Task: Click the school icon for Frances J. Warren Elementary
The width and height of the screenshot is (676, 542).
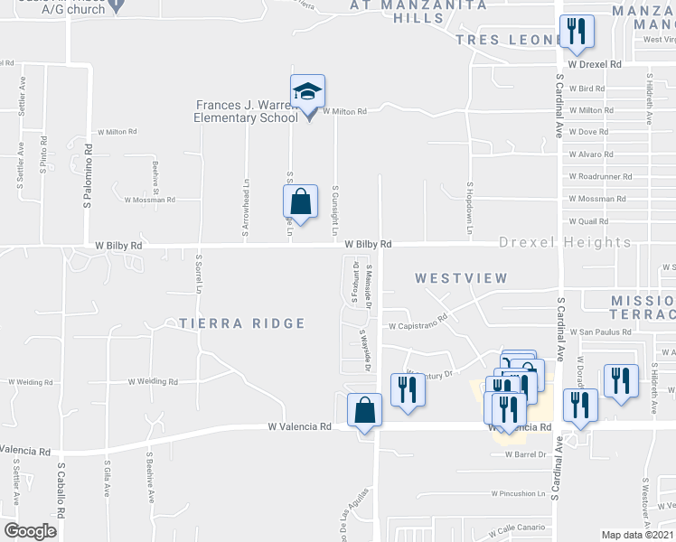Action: [x=307, y=93]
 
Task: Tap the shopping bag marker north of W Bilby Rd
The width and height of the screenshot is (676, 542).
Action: [x=302, y=201]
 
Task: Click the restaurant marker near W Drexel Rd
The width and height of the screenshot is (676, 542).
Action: [x=576, y=33]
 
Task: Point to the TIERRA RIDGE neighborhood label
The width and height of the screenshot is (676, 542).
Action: [x=241, y=323]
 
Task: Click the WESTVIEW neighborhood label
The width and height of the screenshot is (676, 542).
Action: [x=461, y=279]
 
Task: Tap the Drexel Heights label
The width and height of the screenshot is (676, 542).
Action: [x=566, y=243]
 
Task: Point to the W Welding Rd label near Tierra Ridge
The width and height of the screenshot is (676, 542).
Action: [x=153, y=381]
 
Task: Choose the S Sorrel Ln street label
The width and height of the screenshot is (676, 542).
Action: [x=198, y=274]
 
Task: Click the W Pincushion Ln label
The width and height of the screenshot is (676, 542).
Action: [x=519, y=494]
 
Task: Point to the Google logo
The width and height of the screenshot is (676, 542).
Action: [x=30, y=531]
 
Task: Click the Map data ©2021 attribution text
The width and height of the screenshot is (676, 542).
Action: [x=637, y=535]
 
